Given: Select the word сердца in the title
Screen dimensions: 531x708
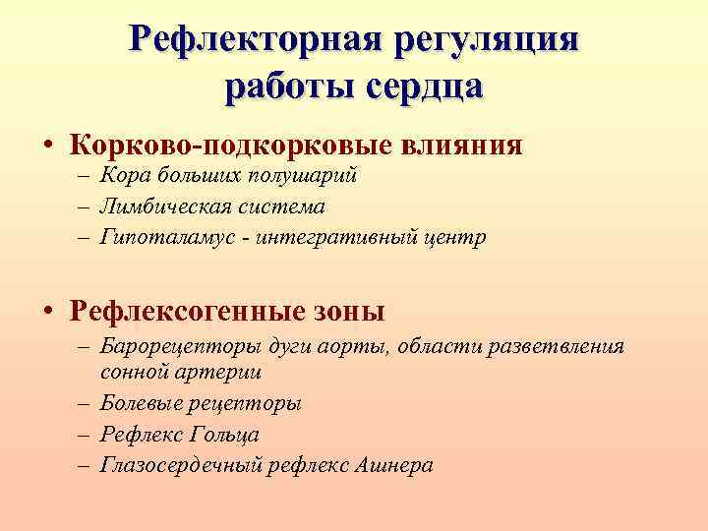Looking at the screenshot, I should [x=425, y=86].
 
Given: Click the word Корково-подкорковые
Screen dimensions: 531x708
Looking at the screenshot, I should [x=231, y=146].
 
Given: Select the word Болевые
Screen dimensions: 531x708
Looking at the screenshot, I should [x=136, y=403].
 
